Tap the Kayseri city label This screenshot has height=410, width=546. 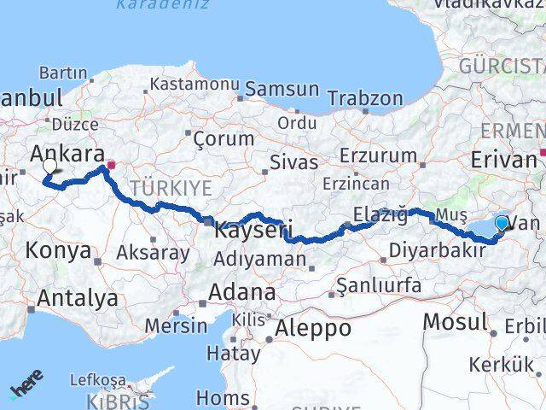point(253,229)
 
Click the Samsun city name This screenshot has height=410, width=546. point(282,90)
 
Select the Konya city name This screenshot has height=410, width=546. point(59,251)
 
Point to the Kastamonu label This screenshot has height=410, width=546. point(194,85)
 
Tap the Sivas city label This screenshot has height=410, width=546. point(293,162)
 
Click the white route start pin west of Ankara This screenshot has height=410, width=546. point(50,167)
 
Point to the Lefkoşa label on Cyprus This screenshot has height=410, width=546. point(97,380)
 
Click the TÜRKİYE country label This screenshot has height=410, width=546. point(171,188)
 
